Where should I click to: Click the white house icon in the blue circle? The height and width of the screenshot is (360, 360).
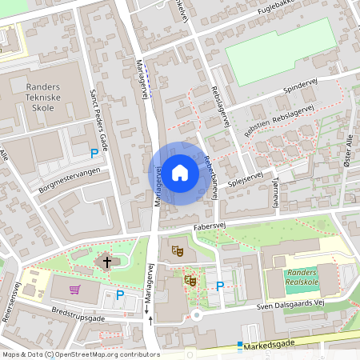[x=180, y=173]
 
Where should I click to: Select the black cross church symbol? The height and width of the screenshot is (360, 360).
[x=106, y=262]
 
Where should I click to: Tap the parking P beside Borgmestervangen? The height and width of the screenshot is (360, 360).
[x=94, y=154]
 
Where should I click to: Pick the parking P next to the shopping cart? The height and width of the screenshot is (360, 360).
[x=120, y=294]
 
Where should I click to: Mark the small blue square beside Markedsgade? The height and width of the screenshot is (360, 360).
[x=238, y=346]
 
